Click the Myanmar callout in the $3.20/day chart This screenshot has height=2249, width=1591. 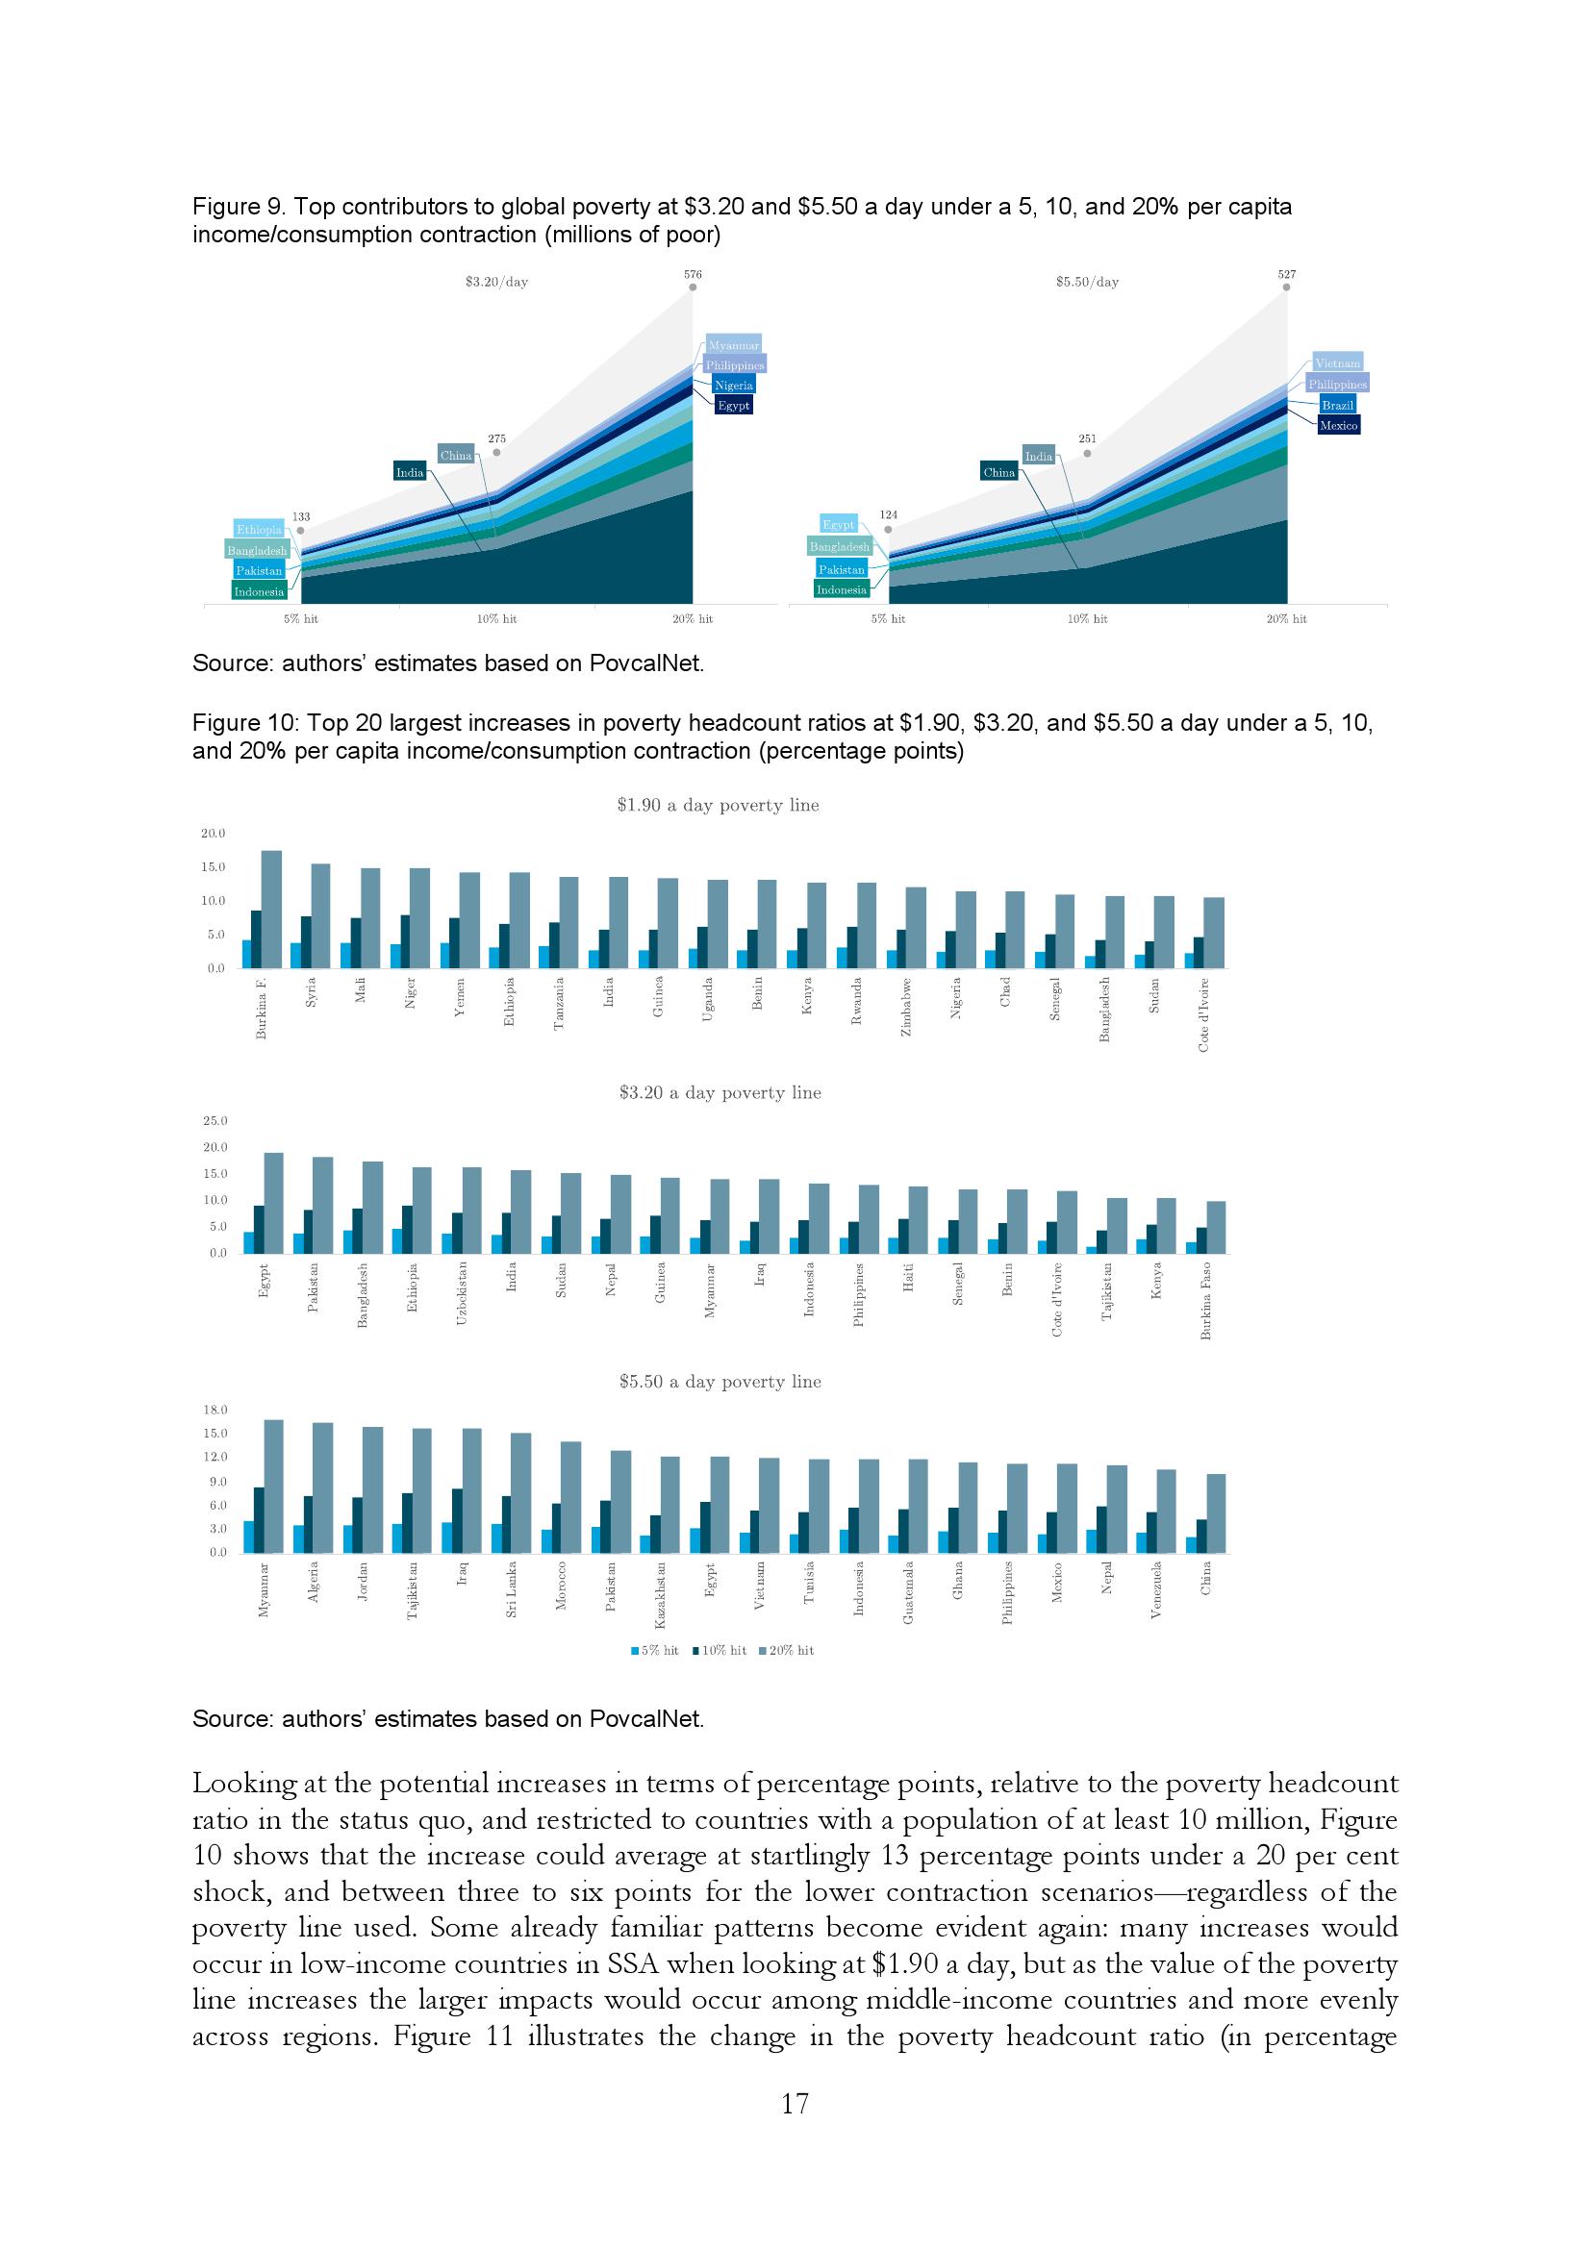click(x=733, y=345)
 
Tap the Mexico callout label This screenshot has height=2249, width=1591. click(x=1338, y=425)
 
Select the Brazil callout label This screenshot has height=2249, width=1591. click(x=1337, y=405)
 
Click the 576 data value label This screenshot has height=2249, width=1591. click(x=693, y=275)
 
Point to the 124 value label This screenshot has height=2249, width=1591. click(x=888, y=514)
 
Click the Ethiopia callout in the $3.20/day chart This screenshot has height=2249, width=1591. click(x=259, y=530)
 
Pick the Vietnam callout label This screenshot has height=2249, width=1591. click(x=1337, y=363)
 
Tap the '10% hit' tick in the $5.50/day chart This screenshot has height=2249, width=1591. click(x=1086, y=619)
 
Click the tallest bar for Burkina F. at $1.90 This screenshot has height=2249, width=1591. click(x=271, y=908)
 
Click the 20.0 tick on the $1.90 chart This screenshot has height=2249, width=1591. click(x=213, y=834)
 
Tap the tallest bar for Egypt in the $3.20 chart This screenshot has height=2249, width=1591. click(x=273, y=1202)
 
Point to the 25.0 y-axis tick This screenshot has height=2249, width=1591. click(x=213, y=1120)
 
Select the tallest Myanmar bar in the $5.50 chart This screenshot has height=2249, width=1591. click(x=274, y=1485)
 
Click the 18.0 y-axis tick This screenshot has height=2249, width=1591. click(x=215, y=1410)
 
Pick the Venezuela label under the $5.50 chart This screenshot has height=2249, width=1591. click(x=1156, y=1589)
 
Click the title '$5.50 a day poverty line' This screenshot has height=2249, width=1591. click(x=720, y=1381)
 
